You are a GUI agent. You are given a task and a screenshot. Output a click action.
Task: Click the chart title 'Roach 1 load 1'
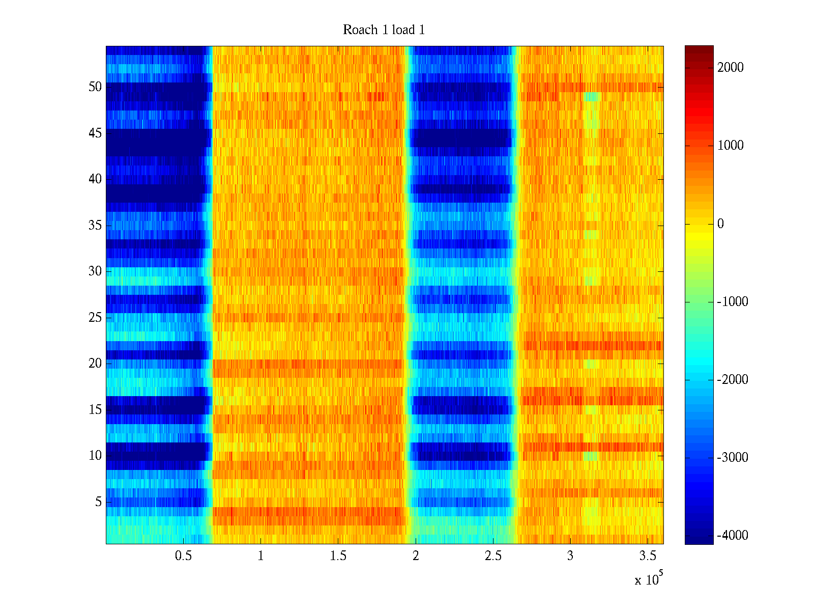tap(384, 30)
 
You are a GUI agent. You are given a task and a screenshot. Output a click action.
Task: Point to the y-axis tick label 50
tap(95, 87)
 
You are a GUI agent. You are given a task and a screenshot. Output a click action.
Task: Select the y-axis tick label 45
tap(95, 133)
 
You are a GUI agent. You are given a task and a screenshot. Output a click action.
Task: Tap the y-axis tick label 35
tap(95, 225)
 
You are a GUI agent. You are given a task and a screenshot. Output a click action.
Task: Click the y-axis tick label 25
tap(95, 318)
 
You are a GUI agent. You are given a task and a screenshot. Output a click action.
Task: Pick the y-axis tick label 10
tap(95, 456)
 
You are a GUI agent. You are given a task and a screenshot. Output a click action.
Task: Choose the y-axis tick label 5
tap(98, 502)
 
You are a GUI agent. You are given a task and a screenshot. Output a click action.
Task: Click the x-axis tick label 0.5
tap(183, 556)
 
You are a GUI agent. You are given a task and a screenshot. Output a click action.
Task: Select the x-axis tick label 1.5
tap(338, 556)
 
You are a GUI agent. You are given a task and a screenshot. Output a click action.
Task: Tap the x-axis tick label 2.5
tap(493, 556)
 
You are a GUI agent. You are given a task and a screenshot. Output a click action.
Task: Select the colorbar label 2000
tap(731, 68)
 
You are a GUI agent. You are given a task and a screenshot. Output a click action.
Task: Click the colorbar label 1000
tap(731, 146)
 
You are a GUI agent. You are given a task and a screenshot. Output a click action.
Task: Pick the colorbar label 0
tap(720, 224)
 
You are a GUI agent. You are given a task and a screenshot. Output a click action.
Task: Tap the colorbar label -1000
tap(733, 302)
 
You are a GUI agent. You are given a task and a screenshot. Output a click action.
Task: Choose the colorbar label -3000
tap(733, 458)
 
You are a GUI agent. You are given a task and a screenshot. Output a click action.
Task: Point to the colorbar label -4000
tap(733, 536)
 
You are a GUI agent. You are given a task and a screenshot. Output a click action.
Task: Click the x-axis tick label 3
tap(570, 556)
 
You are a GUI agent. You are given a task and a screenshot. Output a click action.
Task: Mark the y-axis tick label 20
tap(95, 364)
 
